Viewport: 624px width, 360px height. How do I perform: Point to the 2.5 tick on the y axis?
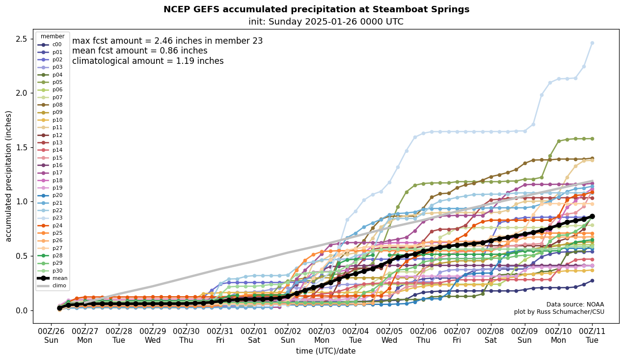[x=22, y=39]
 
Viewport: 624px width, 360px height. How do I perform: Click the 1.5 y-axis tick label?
[x=22, y=147]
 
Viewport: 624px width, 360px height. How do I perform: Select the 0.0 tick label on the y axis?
[x=22, y=310]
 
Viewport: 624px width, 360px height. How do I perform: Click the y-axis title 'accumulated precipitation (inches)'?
[x=9, y=176]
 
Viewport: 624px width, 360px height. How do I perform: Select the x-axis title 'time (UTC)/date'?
[x=326, y=351]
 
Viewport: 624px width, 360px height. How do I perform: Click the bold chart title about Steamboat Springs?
[x=316, y=9]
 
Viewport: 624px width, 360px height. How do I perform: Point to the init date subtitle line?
[x=326, y=22]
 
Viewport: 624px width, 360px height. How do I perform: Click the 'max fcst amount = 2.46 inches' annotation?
[x=167, y=41]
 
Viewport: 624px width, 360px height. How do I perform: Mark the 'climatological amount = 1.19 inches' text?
[x=148, y=61]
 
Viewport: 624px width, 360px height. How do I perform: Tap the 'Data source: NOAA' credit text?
[x=575, y=305]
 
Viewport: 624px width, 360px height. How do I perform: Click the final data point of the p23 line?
[x=592, y=43]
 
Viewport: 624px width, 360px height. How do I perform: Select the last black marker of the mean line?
[x=592, y=216]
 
